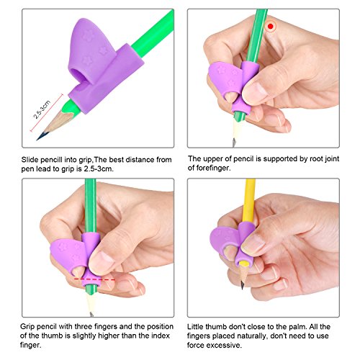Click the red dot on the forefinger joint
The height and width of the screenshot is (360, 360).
pyautogui.click(x=271, y=27)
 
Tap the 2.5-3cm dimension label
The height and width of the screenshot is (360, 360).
pyautogui.click(x=42, y=109)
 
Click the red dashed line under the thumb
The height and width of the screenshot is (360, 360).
pyautogui.click(x=94, y=279)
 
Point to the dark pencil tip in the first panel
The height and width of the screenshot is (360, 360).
pyautogui.click(x=40, y=137)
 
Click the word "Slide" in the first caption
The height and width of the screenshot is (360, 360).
pyautogui.click(x=30, y=160)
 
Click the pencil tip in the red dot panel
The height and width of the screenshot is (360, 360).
pyautogui.click(x=234, y=143)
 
